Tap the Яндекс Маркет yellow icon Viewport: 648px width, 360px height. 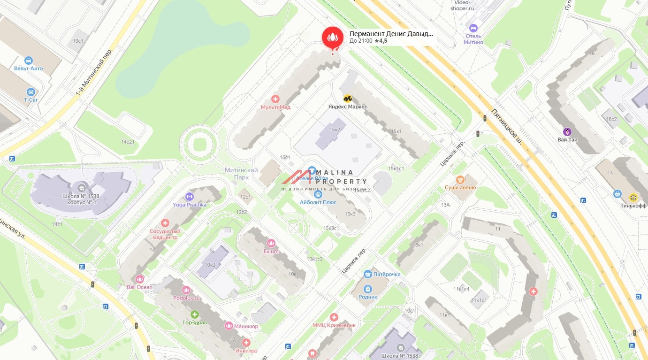click(x=348, y=99)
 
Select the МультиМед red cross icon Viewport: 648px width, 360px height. click(x=276, y=99)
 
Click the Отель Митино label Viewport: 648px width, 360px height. click(x=473, y=39)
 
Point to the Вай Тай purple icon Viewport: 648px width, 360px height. click(x=567, y=131)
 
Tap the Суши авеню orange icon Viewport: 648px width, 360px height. click(x=460, y=179)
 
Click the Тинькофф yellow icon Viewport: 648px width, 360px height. click(x=633, y=198)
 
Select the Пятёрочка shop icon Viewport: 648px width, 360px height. click(x=368, y=274)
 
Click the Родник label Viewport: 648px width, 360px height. click(x=368, y=297)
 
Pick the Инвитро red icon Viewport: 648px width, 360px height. click(x=246, y=343)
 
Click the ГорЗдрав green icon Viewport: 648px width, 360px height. click(x=194, y=314)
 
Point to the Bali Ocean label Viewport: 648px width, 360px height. click(x=140, y=287)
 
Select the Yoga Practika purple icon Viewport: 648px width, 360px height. click(x=190, y=196)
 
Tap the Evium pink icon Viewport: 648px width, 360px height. click(x=270, y=243)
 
